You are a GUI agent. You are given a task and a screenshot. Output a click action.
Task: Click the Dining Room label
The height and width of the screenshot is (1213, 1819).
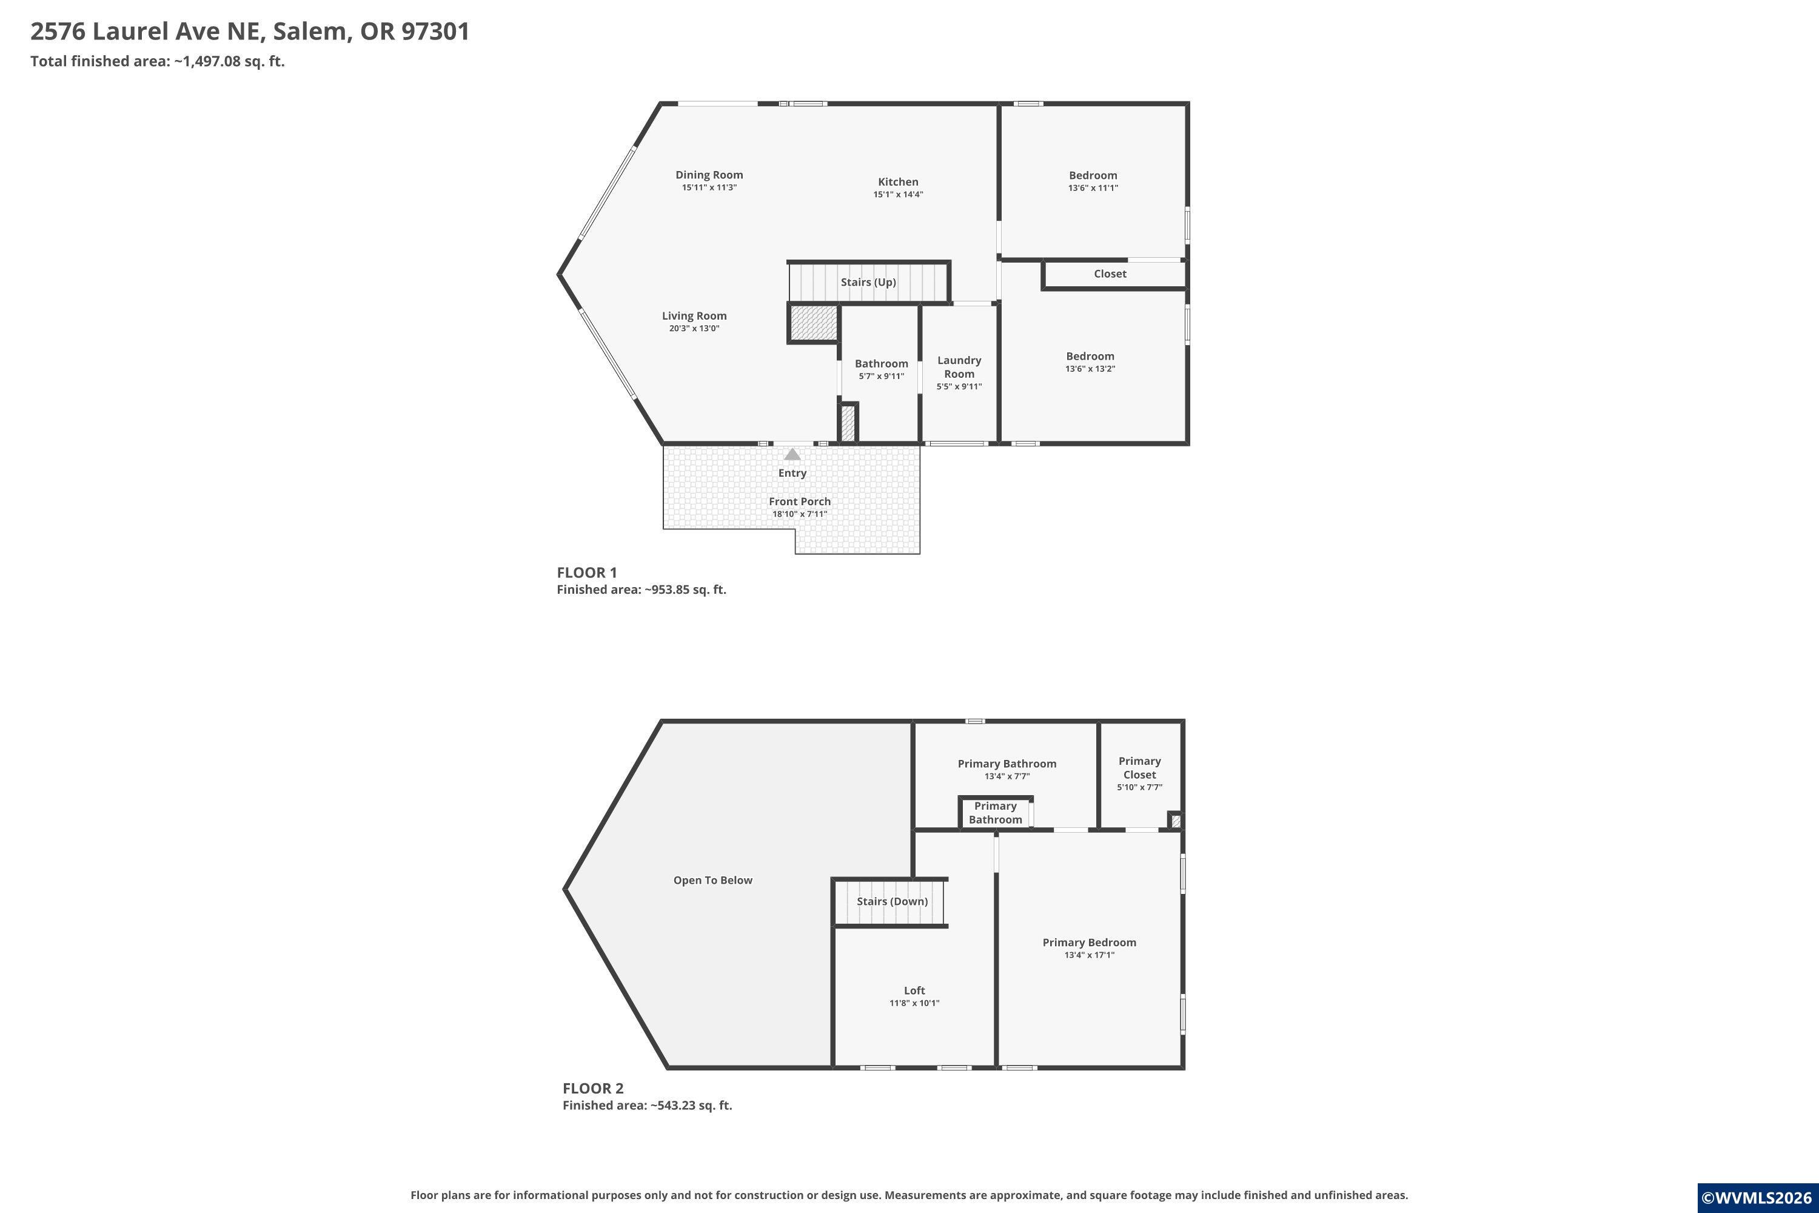709,175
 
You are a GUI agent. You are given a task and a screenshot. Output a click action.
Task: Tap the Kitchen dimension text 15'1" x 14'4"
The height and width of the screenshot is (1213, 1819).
898,194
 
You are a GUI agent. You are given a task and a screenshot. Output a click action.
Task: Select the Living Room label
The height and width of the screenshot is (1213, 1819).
694,315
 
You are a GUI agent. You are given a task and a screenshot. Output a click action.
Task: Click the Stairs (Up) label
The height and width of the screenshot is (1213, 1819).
868,283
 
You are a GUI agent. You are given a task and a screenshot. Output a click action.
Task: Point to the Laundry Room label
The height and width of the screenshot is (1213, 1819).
959,367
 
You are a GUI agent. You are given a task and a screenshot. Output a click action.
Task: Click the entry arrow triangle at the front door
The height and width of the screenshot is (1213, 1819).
792,454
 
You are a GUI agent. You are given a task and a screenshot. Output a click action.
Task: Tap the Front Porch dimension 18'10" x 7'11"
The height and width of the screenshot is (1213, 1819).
800,514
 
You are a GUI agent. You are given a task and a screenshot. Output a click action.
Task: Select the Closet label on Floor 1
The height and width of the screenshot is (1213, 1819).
1110,274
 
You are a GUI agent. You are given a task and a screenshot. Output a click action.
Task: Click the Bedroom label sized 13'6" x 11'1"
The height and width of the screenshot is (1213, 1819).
1093,176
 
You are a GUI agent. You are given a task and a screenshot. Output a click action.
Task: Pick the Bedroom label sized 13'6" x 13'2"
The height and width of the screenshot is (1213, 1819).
1090,357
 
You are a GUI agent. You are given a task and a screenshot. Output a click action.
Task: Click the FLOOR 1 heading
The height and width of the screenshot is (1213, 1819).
587,573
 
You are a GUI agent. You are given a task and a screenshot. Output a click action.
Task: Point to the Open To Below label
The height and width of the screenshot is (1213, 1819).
712,881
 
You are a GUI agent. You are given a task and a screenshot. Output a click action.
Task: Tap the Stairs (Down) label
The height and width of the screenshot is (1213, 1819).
892,901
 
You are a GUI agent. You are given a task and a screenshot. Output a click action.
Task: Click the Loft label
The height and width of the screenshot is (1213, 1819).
914,990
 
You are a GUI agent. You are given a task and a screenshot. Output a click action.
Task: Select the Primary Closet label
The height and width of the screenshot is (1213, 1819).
1139,767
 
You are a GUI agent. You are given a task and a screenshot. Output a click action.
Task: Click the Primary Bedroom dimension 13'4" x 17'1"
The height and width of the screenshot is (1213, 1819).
1089,955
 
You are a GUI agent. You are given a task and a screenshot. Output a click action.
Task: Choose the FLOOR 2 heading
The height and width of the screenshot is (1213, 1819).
592,1089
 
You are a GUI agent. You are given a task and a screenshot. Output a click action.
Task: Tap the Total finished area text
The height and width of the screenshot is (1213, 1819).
158,61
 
